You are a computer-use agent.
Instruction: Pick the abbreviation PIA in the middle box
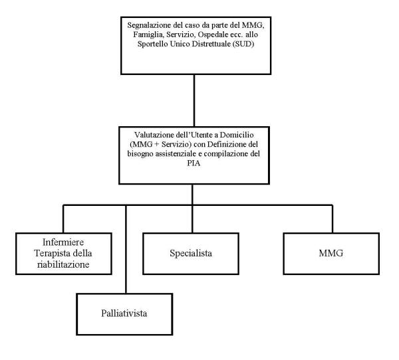pos(194,163)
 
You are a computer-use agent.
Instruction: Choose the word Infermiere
pos(63,242)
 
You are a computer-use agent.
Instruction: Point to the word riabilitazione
pos(63,264)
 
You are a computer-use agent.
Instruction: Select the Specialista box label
pos(191,253)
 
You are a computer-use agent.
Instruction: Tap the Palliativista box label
pos(124,314)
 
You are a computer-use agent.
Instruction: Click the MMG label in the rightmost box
pos(331,253)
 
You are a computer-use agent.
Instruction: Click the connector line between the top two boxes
pos(194,100)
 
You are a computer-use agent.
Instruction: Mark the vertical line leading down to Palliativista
pos(126,249)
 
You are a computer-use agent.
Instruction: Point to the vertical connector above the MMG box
pos(332,219)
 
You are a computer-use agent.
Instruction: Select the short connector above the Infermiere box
pos(63,219)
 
